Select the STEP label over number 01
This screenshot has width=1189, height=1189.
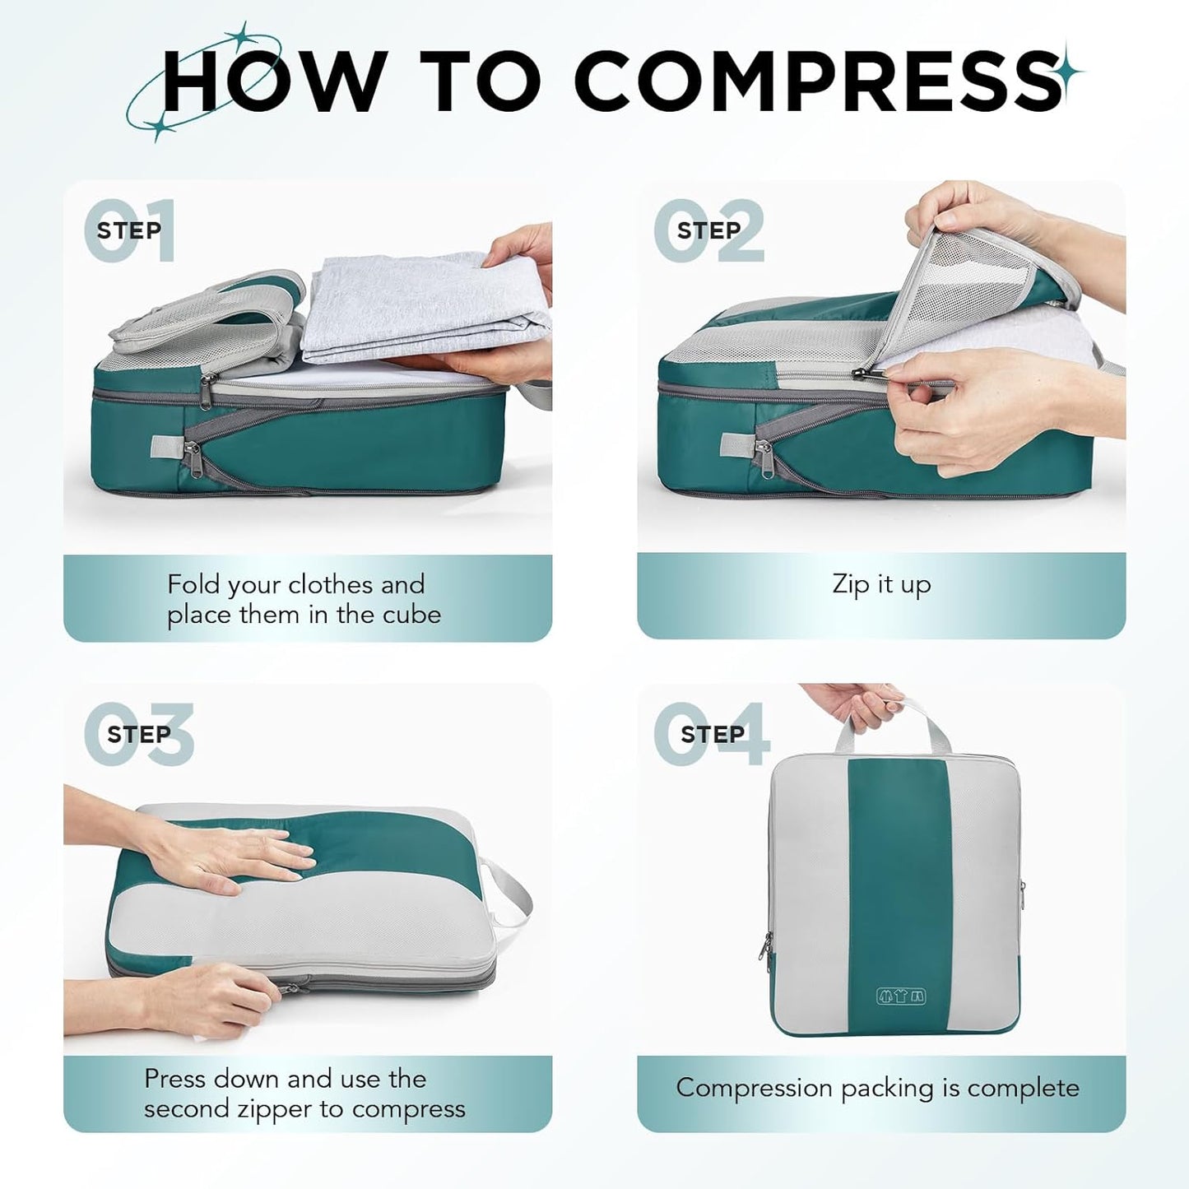(128, 230)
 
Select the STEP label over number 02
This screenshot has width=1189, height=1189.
(708, 230)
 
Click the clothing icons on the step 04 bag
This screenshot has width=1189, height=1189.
(901, 996)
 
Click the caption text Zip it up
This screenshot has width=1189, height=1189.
(881, 584)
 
